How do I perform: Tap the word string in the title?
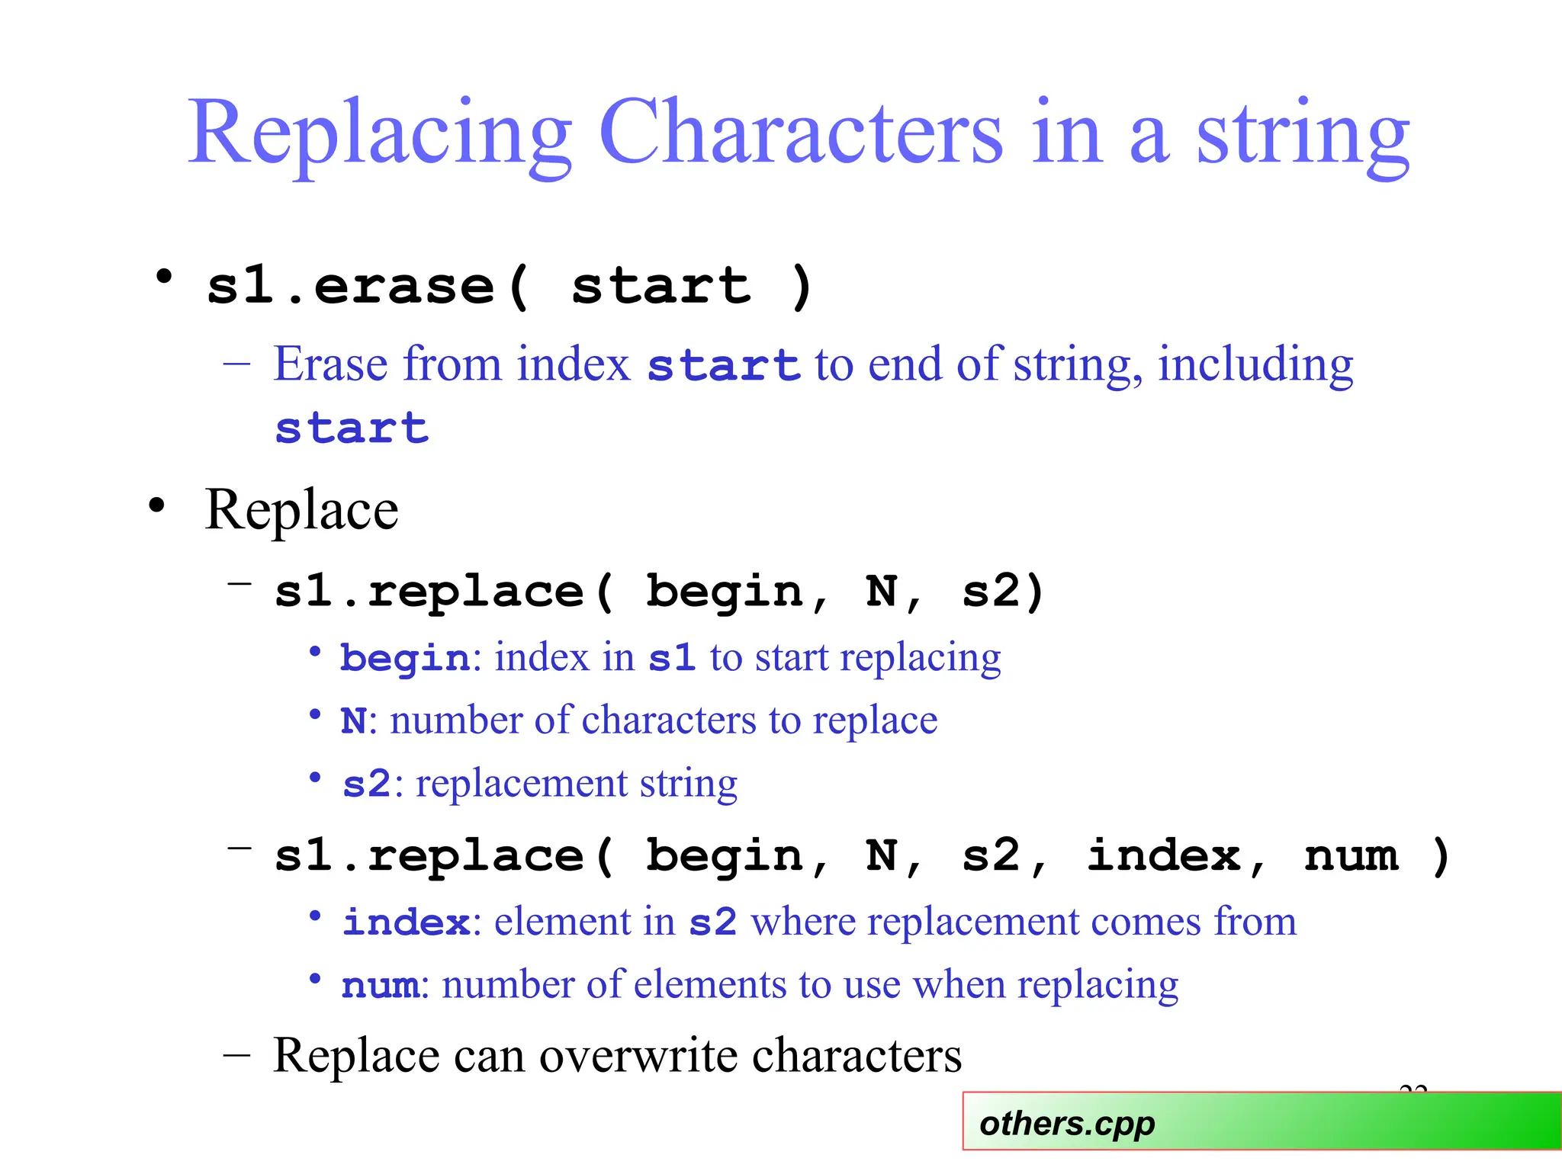tap(1303, 134)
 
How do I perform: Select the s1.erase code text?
tap(351, 287)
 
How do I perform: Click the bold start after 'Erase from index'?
tap(723, 364)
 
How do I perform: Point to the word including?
tap(1255, 364)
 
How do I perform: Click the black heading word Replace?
tap(301, 509)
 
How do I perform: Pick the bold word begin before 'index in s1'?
tap(405, 658)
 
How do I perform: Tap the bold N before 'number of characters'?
tap(353, 720)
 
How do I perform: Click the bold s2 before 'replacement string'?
tap(366, 784)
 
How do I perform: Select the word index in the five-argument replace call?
tap(1163, 855)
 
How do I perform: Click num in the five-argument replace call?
tap(1351, 855)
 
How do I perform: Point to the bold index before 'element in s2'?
tap(407, 922)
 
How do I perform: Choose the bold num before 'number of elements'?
tap(380, 985)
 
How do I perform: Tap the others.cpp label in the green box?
tap(1067, 1124)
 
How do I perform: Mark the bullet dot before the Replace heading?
tap(157, 505)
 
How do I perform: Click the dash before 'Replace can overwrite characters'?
tap(237, 1056)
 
